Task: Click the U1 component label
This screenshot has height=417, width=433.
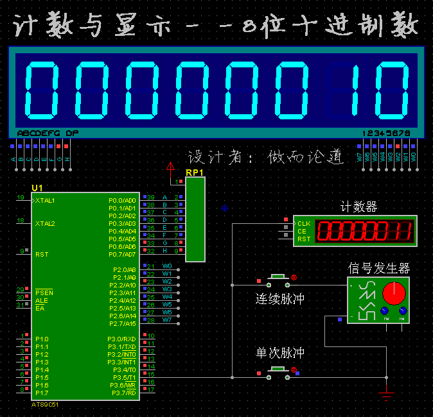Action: tap(37, 187)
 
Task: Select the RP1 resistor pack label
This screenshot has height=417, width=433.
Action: tap(194, 173)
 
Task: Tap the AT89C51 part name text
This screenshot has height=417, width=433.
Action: tap(45, 405)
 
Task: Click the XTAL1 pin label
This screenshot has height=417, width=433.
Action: tap(45, 201)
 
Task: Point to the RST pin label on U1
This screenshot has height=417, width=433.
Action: tap(42, 255)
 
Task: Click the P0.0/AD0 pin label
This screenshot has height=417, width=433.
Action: tap(123, 201)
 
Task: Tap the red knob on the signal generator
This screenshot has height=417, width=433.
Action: tap(394, 293)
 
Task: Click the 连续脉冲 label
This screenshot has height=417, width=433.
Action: tap(279, 298)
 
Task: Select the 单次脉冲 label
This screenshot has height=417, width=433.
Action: tap(279, 353)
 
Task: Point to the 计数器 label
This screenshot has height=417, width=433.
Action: tap(358, 207)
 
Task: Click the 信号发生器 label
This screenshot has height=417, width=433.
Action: tap(378, 268)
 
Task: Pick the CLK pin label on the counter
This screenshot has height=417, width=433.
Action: tap(303, 224)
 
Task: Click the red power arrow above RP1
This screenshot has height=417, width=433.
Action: tap(170, 167)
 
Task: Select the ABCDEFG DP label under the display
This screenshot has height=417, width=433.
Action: tap(48, 133)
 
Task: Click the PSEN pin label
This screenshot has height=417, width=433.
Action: tap(44, 293)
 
